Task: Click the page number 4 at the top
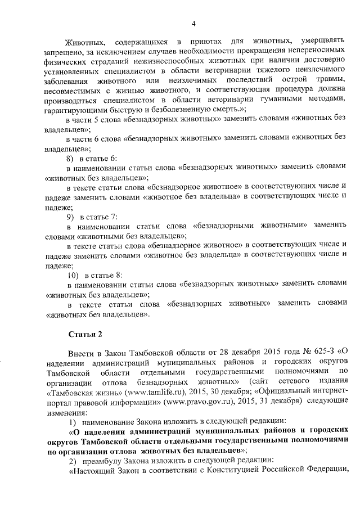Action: pos(193,23)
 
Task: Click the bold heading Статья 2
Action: pos(85,335)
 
